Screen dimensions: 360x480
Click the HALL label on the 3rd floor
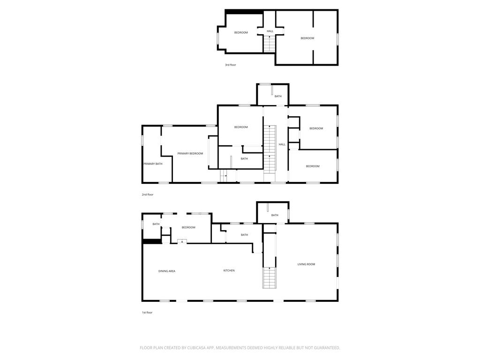(x=270, y=31)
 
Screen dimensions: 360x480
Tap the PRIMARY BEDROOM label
(x=190, y=154)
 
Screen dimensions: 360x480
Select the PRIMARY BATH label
(x=153, y=164)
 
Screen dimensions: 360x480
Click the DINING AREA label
(x=166, y=271)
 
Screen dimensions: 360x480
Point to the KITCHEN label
(x=229, y=270)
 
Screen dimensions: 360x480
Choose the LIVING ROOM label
(x=306, y=264)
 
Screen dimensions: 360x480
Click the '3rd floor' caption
(x=230, y=65)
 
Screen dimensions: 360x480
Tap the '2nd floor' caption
(x=148, y=195)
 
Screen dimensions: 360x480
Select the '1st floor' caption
(x=147, y=313)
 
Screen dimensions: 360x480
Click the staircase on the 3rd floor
(x=270, y=44)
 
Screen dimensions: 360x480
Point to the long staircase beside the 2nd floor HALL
(x=270, y=148)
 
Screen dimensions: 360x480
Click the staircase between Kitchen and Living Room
(x=269, y=277)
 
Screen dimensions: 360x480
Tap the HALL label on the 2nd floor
(x=282, y=144)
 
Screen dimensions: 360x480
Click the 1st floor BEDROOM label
(x=188, y=227)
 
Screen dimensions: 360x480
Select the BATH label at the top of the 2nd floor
(x=278, y=97)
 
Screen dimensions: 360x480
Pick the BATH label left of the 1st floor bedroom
(x=156, y=224)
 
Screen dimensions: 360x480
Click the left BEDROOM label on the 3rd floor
(x=241, y=32)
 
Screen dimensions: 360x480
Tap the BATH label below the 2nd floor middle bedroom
(x=244, y=159)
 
